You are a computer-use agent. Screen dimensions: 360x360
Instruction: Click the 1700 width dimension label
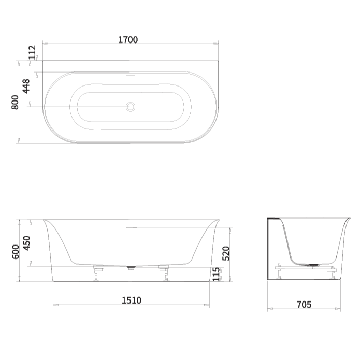point(128,40)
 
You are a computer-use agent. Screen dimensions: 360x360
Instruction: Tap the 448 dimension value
point(26,85)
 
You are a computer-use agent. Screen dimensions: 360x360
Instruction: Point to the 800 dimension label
point(15,103)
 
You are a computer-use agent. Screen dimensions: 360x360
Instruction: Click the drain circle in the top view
point(131,107)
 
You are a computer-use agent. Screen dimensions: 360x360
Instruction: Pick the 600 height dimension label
point(15,251)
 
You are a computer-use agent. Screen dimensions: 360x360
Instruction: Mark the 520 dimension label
point(226,253)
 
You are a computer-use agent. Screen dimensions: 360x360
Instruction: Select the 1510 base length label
point(131,300)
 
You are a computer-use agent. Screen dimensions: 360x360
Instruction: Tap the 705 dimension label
point(304,305)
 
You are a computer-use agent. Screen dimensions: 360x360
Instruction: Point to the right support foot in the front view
point(166,273)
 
